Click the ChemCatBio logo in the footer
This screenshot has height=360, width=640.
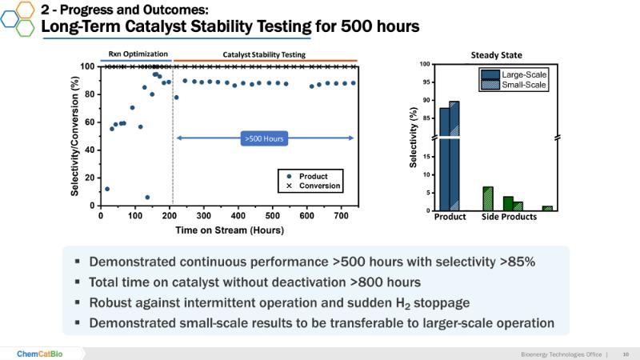(42, 353)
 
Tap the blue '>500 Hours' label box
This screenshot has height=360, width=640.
(265, 138)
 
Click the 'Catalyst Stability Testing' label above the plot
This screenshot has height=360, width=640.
(263, 54)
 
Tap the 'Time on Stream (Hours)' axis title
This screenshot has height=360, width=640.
(226, 230)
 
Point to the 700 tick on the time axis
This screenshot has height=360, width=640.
(341, 215)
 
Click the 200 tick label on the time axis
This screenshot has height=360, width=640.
(169, 215)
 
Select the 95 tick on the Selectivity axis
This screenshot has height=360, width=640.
(425, 82)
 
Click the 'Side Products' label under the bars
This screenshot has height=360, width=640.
(509, 218)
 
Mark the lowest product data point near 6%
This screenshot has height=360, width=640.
(147, 197)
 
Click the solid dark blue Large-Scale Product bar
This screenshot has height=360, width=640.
(444, 160)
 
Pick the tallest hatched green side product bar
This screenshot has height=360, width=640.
(487, 198)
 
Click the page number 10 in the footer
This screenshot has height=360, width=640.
(625, 353)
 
